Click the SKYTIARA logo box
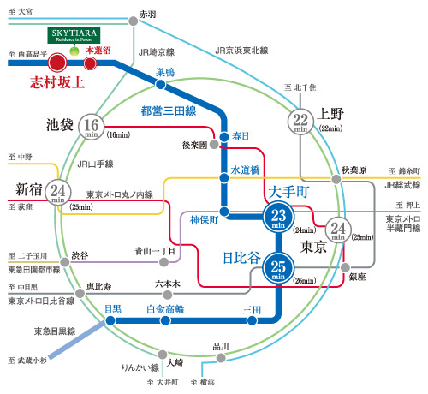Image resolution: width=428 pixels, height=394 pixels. [71, 36]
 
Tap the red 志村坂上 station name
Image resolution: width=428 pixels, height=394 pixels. [51, 83]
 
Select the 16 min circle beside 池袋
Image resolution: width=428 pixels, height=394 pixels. [92, 127]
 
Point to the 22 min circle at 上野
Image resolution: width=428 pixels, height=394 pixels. [300, 122]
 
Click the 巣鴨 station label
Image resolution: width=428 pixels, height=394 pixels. [165, 71]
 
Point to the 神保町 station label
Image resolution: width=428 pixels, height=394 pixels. [205, 220]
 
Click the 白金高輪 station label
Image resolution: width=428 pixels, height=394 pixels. [164, 308]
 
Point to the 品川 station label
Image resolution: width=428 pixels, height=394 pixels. [222, 346]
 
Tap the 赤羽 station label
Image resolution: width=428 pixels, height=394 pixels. [147, 15]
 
